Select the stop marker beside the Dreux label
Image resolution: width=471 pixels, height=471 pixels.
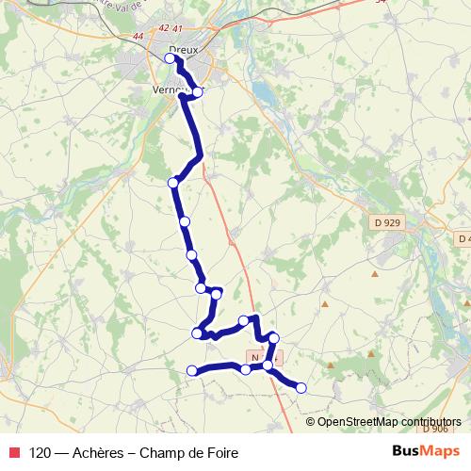(x=171, y=58)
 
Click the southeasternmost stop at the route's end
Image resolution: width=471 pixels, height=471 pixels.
(x=301, y=387)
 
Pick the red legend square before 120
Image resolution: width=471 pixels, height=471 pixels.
(x=14, y=452)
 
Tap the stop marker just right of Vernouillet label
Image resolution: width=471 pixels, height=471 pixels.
(x=198, y=92)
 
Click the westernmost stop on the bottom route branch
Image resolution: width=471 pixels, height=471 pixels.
(x=192, y=370)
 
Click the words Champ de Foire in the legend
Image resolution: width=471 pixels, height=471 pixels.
(x=188, y=452)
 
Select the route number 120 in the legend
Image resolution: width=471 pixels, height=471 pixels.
(x=41, y=452)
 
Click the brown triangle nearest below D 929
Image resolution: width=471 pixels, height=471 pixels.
(x=375, y=274)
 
